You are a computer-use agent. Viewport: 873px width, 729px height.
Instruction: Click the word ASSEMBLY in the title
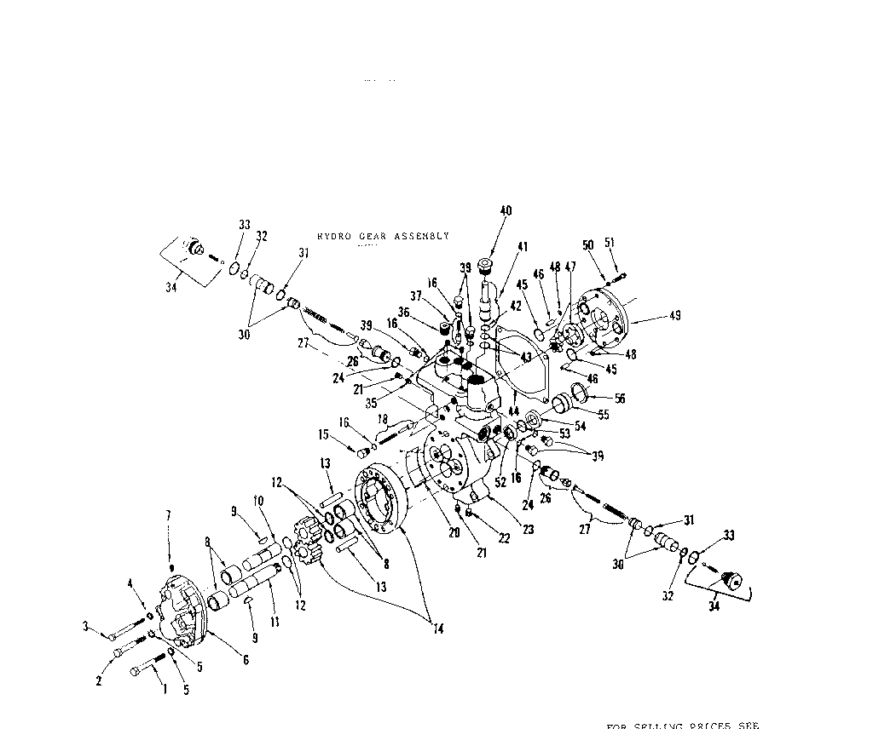click(420, 236)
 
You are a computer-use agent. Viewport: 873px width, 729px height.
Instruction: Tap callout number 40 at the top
click(506, 210)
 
